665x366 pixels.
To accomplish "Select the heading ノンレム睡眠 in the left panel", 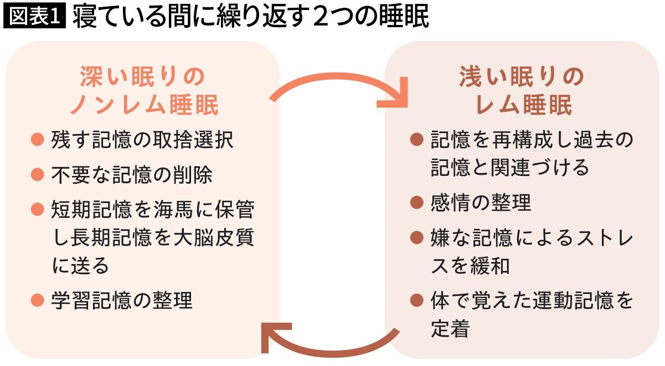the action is tap(145, 105).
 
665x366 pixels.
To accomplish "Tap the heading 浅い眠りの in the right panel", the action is tap(522, 77).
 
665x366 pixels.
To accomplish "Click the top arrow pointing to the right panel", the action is tap(338, 77).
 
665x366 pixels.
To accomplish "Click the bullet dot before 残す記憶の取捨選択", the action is tap(38, 139).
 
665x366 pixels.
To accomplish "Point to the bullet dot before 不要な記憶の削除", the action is tap(38, 174).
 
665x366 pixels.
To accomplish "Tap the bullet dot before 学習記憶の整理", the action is tap(38, 300).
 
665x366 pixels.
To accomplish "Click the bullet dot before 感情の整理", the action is tap(416, 202).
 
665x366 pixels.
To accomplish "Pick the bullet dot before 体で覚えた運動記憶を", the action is tap(416, 300).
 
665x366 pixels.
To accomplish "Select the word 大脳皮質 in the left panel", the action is tap(214, 237).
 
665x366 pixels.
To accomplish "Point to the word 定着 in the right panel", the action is tap(450, 328).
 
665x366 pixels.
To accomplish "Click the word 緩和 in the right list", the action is tap(490, 266).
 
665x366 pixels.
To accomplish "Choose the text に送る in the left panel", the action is tap(80, 266).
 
